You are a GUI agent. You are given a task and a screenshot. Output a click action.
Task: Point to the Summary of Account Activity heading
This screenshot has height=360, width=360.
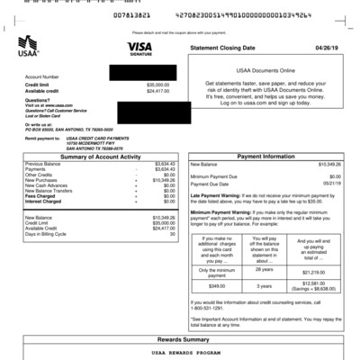103,156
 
